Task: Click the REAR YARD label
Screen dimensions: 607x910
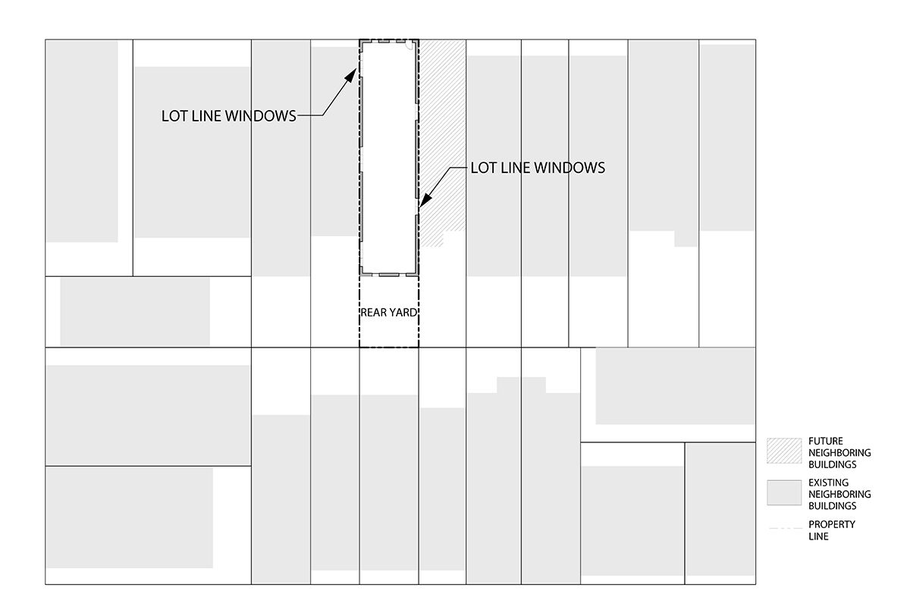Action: (388, 313)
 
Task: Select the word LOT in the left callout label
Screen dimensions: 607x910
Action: (177, 116)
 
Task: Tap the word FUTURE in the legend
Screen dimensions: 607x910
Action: (826, 441)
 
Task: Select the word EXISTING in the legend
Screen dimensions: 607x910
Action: (829, 483)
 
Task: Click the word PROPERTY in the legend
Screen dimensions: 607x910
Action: (832, 524)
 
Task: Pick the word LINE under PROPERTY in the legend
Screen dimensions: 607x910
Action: (818, 536)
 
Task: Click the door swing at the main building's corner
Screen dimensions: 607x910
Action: (409, 45)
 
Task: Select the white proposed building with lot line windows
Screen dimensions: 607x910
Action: (388, 152)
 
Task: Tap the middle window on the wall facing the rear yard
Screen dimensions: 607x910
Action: (388, 274)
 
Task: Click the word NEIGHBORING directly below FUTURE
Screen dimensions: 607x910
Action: (839, 453)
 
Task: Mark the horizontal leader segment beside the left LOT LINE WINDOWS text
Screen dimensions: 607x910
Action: (309, 116)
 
